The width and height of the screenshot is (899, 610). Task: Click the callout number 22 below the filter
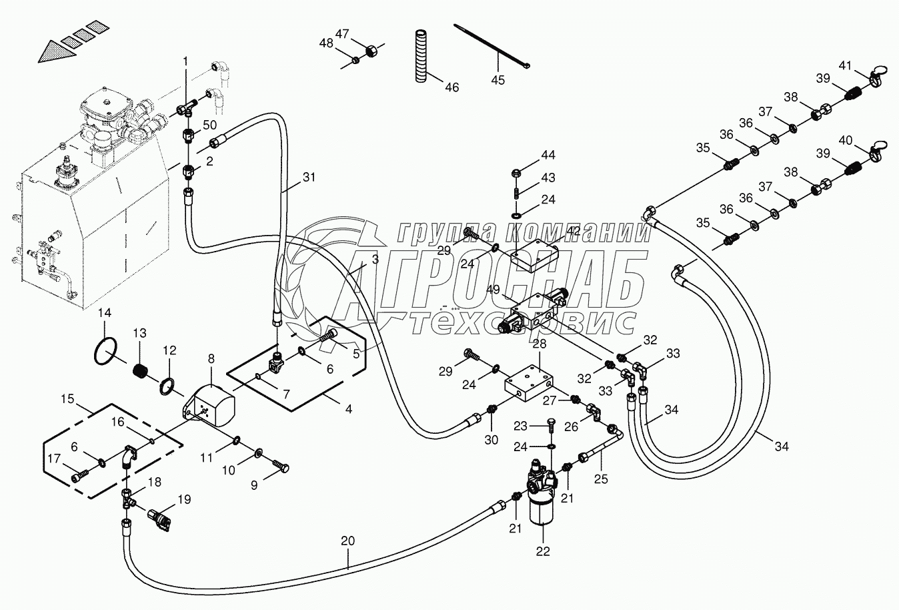pos(543,551)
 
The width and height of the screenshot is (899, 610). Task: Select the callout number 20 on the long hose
pos(347,541)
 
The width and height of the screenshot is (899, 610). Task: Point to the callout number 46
pos(452,87)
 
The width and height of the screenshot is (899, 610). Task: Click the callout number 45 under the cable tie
pos(498,80)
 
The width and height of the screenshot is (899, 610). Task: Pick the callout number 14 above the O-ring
pos(105,313)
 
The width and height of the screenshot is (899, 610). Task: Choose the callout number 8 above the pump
pos(211,359)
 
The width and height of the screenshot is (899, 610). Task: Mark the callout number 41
pos(846,65)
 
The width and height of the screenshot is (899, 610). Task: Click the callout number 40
pos(846,141)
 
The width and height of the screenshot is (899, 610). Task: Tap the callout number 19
pos(183,499)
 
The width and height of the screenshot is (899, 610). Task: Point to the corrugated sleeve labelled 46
pos(421,57)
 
